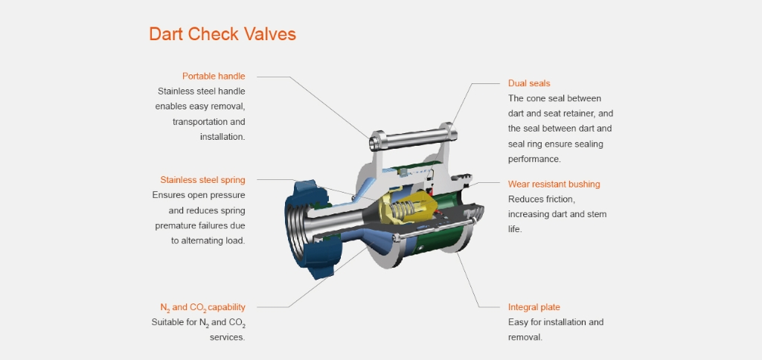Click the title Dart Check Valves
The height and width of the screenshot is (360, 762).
point(222,34)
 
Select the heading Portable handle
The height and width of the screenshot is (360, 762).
point(214,77)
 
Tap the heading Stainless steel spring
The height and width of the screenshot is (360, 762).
point(202,180)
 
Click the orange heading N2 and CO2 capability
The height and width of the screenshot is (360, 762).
point(202,307)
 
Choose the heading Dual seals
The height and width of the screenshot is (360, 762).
point(529,83)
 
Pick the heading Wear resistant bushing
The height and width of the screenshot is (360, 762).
point(554,184)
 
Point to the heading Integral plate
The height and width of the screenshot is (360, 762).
point(534,307)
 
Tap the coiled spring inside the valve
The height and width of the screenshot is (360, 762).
point(403,210)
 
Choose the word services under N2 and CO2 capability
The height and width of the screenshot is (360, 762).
point(228,337)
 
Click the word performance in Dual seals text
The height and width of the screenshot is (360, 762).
point(534,159)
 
